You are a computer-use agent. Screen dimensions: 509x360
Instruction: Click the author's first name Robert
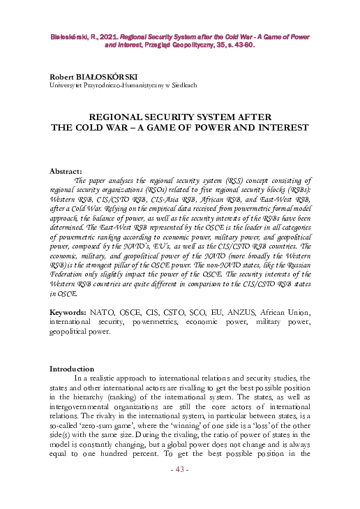point(63,75)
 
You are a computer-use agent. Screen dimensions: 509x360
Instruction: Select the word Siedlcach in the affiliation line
point(181,84)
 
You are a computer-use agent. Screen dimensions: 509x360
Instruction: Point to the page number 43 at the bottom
point(180,488)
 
